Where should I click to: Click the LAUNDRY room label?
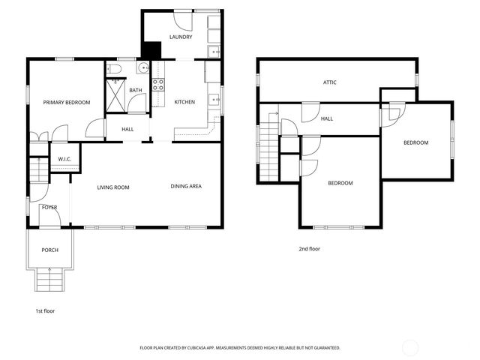[x=181, y=37]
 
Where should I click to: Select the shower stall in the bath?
[x=116, y=95]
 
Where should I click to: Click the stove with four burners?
[x=158, y=84]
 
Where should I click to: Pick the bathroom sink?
[x=142, y=69]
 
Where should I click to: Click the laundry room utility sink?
[x=213, y=52]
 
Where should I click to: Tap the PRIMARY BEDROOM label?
[x=66, y=103]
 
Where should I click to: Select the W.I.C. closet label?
[x=64, y=159]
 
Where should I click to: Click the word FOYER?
[x=49, y=207]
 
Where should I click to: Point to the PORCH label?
[x=49, y=250]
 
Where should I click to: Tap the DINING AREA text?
[x=186, y=187]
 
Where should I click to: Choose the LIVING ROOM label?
[x=113, y=187]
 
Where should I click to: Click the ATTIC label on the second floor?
[x=329, y=82]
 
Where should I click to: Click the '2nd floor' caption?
[x=309, y=248]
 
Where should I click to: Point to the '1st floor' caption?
[x=45, y=310]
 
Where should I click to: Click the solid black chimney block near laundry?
[x=151, y=49]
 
